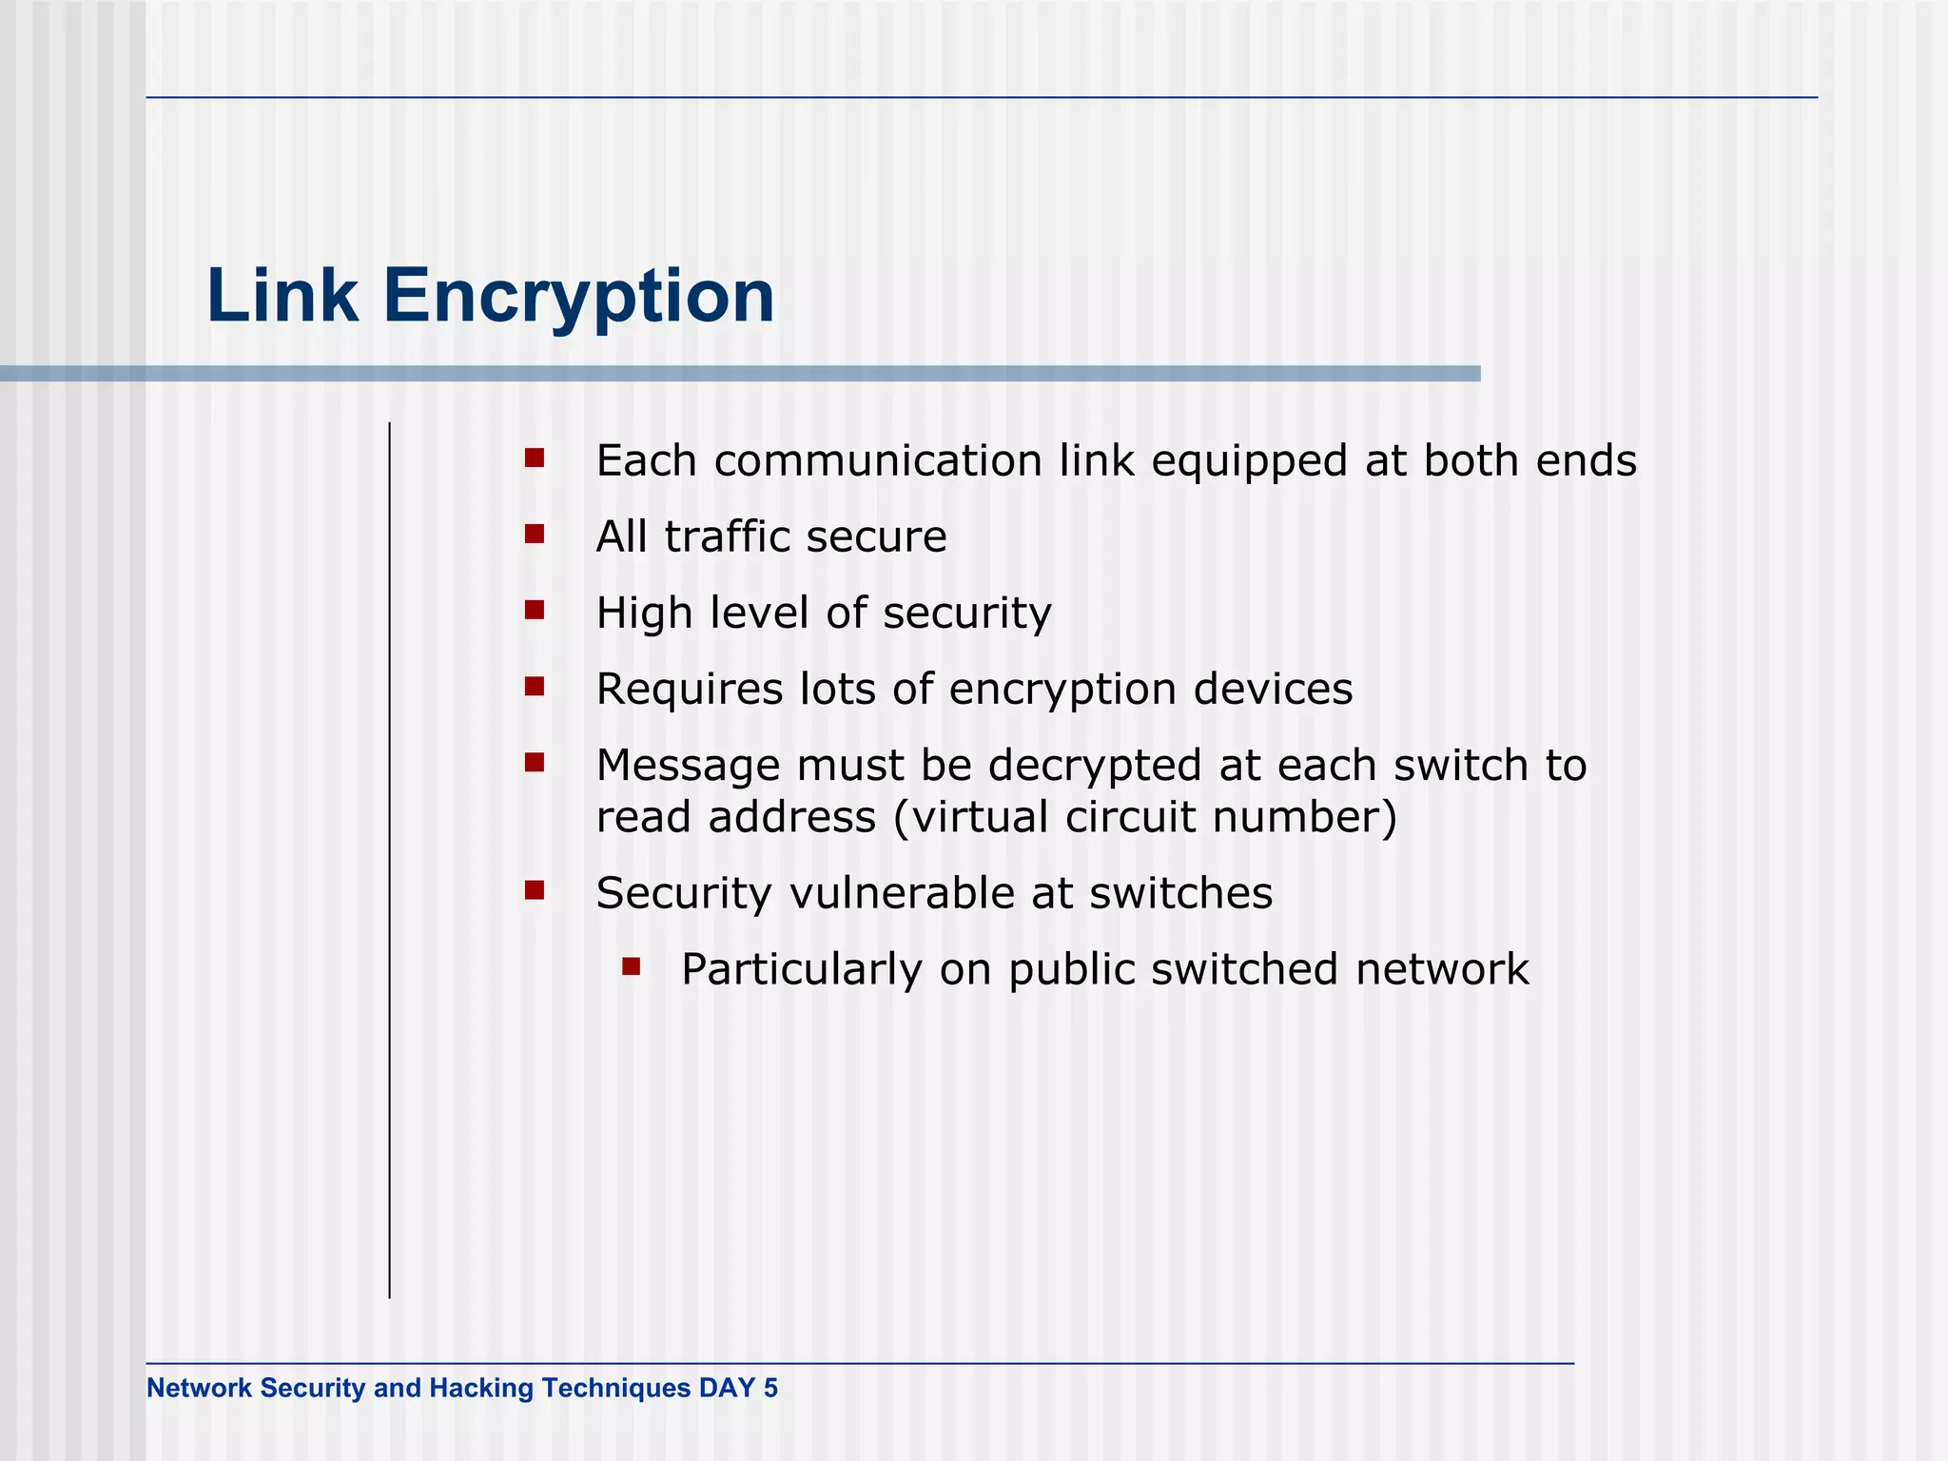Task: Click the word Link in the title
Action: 282,296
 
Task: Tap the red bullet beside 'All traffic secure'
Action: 535,535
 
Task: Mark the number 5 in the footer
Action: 770,1388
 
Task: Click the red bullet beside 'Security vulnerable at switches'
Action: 535,891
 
